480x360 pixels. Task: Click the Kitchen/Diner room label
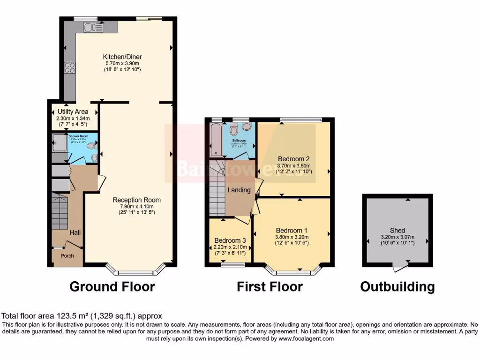tap(122, 57)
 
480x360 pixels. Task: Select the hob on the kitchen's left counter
tap(70, 67)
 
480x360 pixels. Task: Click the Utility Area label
tap(73, 112)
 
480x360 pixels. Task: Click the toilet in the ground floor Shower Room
tap(92, 146)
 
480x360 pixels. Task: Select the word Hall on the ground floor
tap(75, 232)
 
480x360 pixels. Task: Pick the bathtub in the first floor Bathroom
tap(216, 139)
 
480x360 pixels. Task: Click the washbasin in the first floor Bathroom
tap(247, 126)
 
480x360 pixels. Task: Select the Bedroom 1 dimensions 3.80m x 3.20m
tap(292, 237)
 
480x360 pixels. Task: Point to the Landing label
tap(239, 190)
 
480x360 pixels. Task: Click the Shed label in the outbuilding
tap(397, 230)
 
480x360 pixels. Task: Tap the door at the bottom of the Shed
tap(399, 267)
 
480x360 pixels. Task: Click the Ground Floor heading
tap(112, 286)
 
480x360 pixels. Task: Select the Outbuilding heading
tap(397, 286)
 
